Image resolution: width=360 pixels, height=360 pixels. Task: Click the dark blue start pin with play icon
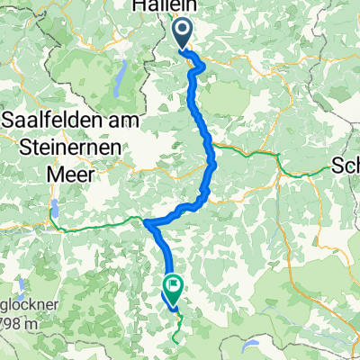coord(182,34)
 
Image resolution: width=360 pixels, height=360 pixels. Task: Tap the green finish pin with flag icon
coord(171,287)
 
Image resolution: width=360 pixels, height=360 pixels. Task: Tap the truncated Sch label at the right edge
coord(346,166)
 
